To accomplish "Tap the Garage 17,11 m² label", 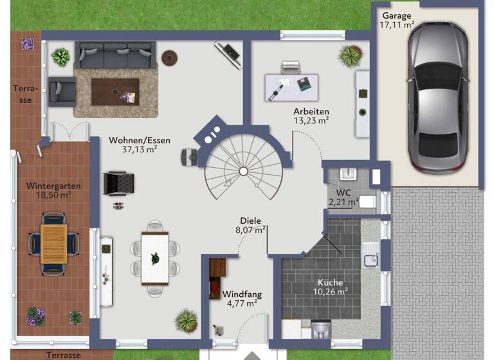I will click(x=396, y=21).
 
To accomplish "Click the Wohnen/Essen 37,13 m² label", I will click(x=133, y=144).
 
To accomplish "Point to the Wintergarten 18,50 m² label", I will click(x=53, y=190).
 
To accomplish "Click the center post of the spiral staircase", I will click(x=243, y=171).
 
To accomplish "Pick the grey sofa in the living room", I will click(x=115, y=55).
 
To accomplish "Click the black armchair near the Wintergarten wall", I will click(x=118, y=182).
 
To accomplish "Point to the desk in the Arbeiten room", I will click(x=291, y=87).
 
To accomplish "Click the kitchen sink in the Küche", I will click(x=371, y=259).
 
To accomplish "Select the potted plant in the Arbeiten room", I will click(x=351, y=56).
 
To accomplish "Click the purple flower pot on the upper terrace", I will click(x=28, y=44).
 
